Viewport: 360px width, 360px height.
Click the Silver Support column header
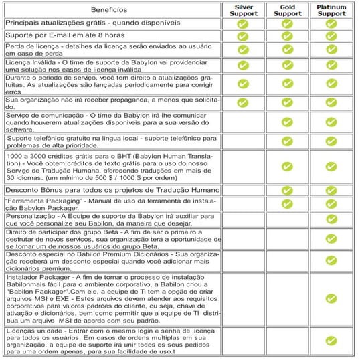pos(243,9)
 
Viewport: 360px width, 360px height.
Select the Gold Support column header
pos(288,9)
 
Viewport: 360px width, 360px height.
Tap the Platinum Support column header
pos(331,9)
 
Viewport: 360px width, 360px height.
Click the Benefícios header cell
pos(111,10)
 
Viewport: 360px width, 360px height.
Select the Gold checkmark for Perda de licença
pos(288,50)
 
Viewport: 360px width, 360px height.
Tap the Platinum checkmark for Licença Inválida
pos(331,66)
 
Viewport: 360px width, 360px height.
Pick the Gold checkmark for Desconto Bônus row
pos(288,191)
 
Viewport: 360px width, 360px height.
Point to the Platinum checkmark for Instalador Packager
pos(331,299)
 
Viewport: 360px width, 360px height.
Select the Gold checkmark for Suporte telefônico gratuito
pos(288,141)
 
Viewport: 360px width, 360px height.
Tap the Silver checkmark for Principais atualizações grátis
pos(243,24)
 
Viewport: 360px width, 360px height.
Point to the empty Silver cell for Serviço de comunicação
pos(243,122)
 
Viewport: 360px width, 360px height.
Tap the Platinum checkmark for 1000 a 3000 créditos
pos(331,166)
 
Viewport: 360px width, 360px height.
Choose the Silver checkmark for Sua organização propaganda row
pos(243,102)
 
